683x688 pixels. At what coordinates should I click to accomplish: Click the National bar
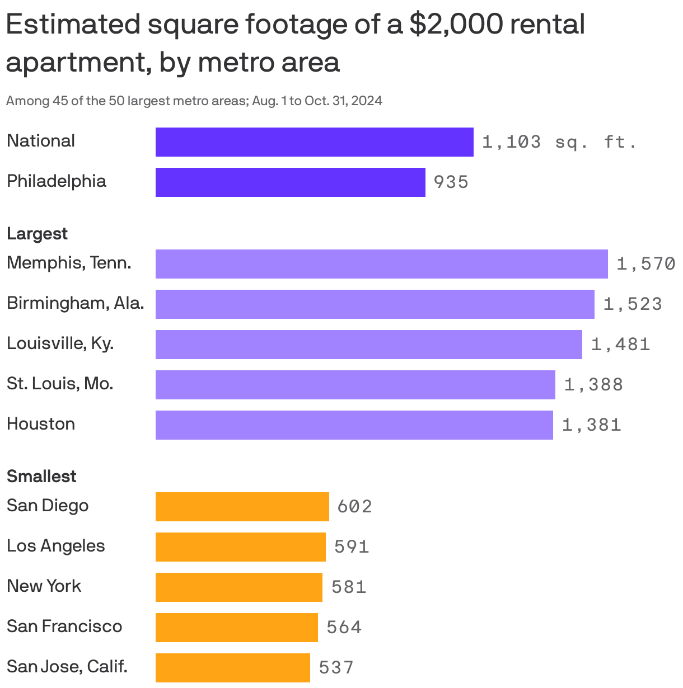click(314, 142)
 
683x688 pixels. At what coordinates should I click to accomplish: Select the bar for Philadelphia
click(290, 182)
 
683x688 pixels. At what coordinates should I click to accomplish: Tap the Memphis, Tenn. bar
click(381, 264)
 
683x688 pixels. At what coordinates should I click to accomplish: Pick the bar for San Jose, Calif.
click(232, 668)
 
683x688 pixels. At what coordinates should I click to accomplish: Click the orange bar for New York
click(238, 587)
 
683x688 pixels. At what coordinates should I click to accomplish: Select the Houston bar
click(354, 425)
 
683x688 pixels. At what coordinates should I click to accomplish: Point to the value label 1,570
click(645, 264)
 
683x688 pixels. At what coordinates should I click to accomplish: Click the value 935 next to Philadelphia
click(451, 182)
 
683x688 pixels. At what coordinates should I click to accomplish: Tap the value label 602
click(354, 507)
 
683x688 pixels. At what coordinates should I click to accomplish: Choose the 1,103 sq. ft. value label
click(559, 142)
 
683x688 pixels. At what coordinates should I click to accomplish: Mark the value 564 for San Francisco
click(344, 628)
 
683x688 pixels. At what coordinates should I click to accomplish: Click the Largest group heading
click(37, 233)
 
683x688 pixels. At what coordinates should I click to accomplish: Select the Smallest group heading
click(41, 476)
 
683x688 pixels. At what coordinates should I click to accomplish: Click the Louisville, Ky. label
click(60, 343)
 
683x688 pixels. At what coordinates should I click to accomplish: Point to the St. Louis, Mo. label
click(60, 383)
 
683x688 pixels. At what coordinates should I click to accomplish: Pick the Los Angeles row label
click(55, 545)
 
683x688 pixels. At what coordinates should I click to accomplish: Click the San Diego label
click(48, 505)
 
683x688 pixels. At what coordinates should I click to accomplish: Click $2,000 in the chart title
click(453, 25)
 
